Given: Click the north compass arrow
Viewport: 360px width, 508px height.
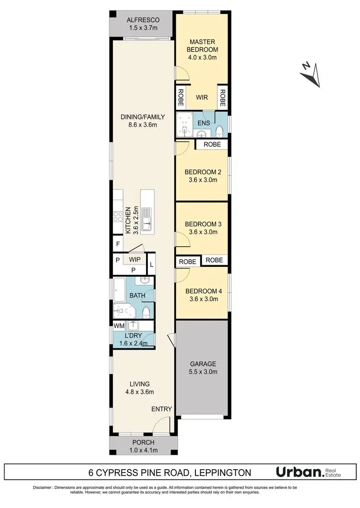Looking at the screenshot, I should [x=311, y=74].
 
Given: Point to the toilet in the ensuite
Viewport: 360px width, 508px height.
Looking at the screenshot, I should [x=219, y=130].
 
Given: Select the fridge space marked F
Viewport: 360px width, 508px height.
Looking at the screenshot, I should [x=117, y=244].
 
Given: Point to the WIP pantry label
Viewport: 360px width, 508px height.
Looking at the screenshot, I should [x=134, y=259].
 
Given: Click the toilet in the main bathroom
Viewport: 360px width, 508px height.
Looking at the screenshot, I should [x=146, y=313].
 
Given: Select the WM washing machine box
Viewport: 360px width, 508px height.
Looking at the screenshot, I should [x=119, y=326].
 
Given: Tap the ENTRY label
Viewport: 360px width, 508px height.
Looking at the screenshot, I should [x=161, y=409].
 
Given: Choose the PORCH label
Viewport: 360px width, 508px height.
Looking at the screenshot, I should [x=143, y=442].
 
